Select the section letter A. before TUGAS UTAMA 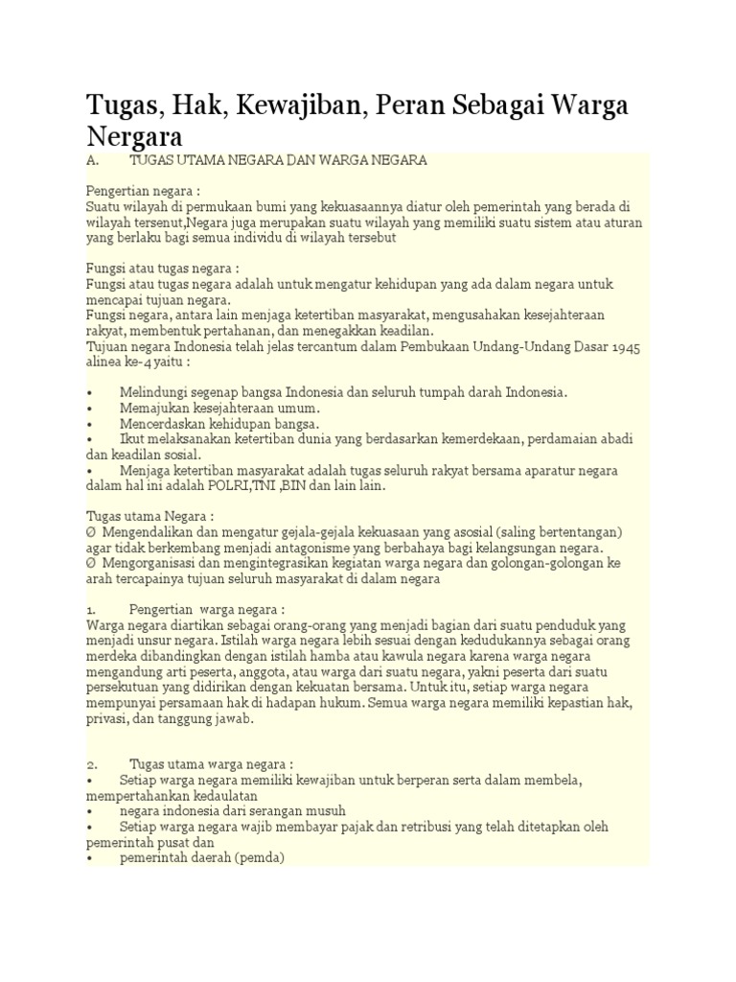tap(93, 160)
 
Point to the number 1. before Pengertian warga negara tap(91, 610)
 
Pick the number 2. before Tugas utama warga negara tap(91, 763)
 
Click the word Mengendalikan tap(148, 531)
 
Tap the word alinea tap(107, 362)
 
